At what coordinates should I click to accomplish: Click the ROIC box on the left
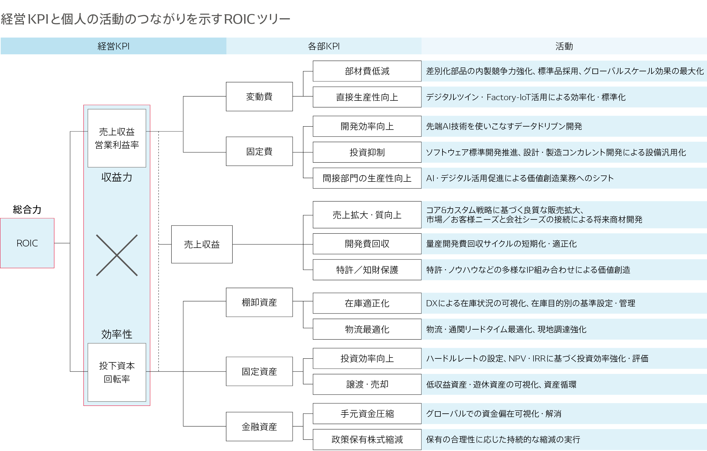[x=27, y=243]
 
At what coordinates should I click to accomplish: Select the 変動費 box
[x=259, y=97]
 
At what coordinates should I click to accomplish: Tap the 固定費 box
[x=259, y=151]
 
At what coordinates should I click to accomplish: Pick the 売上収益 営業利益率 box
[x=117, y=138]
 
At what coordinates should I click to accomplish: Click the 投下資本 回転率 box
[x=117, y=372]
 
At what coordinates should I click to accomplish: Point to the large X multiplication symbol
[x=117, y=255]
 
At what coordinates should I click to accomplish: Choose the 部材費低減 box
[x=367, y=71]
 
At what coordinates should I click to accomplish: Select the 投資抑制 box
[x=367, y=152]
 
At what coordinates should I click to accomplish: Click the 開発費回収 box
[x=367, y=244]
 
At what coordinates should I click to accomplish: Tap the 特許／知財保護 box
[x=367, y=270]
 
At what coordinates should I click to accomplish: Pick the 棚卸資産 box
[x=259, y=302]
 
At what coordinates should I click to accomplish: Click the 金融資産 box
[x=259, y=427]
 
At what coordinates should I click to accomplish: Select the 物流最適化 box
[x=367, y=329]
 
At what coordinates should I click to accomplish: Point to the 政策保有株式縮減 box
[x=367, y=439]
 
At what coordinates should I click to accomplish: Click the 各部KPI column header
[x=324, y=46]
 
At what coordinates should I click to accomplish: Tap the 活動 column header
[x=564, y=46]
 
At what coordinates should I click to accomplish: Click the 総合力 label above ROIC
[x=27, y=209]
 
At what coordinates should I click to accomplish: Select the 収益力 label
[x=117, y=177]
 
